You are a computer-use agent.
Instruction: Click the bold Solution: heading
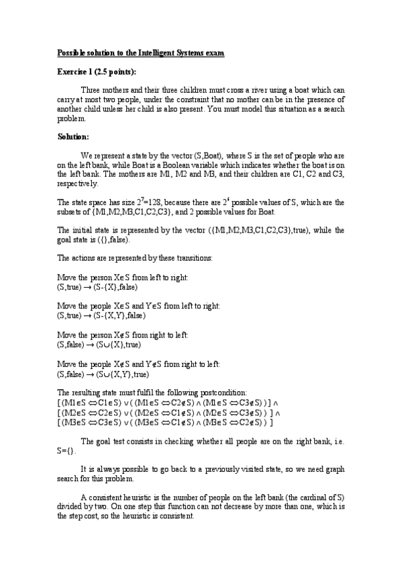click(x=73, y=136)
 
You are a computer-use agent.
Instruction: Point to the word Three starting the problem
click(x=92, y=89)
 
